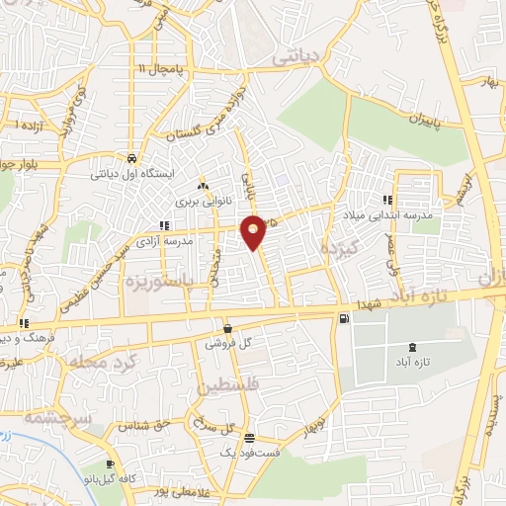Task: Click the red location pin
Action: (254, 231)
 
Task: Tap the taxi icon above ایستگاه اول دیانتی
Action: (130, 158)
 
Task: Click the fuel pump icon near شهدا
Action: (343, 318)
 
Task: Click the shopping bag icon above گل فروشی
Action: (229, 329)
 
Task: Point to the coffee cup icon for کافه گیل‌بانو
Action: (111, 464)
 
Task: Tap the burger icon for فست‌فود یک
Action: (249, 438)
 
